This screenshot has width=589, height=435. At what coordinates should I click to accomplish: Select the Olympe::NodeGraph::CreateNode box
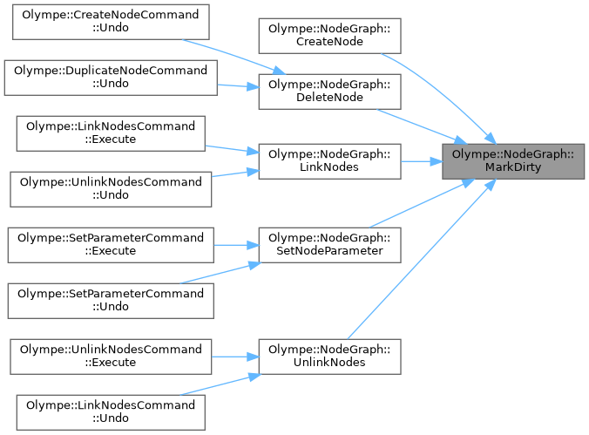tap(329, 36)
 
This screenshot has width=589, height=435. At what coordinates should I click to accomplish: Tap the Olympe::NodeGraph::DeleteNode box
tap(329, 92)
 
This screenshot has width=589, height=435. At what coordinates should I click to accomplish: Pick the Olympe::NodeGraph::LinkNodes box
tap(329, 161)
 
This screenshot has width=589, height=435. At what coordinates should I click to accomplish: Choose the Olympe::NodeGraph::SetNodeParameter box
tap(329, 245)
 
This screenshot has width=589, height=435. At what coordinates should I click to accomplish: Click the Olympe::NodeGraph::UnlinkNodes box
tap(329, 357)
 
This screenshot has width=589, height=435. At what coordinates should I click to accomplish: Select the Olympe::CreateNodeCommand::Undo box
tap(109, 22)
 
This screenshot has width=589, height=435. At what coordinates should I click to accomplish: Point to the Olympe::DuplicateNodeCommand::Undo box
tap(109, 78)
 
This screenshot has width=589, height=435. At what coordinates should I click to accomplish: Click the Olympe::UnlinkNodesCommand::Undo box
tap(109, 189)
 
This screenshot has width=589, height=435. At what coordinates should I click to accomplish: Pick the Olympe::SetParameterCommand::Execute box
tap(109, 245)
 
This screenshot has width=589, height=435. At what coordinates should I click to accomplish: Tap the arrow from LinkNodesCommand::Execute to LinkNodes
tap(231, 150)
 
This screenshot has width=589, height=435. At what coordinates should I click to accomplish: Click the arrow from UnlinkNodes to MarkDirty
tap(418, 262)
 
